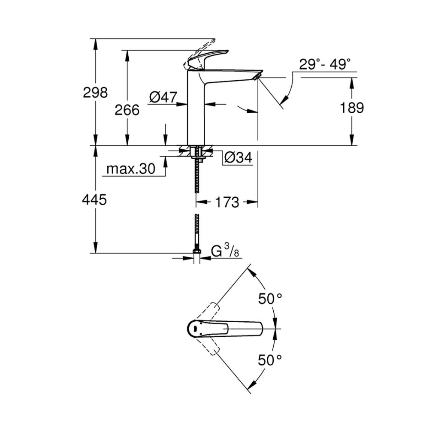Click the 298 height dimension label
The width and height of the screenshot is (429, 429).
pos(95,92)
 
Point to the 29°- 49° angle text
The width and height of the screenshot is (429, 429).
pos(325,65)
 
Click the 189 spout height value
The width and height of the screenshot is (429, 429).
pos(352,108)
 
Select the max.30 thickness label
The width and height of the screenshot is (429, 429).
pos(130,169)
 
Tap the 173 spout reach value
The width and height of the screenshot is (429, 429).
pos(226,202)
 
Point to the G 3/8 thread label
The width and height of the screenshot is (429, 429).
pos(225,252)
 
